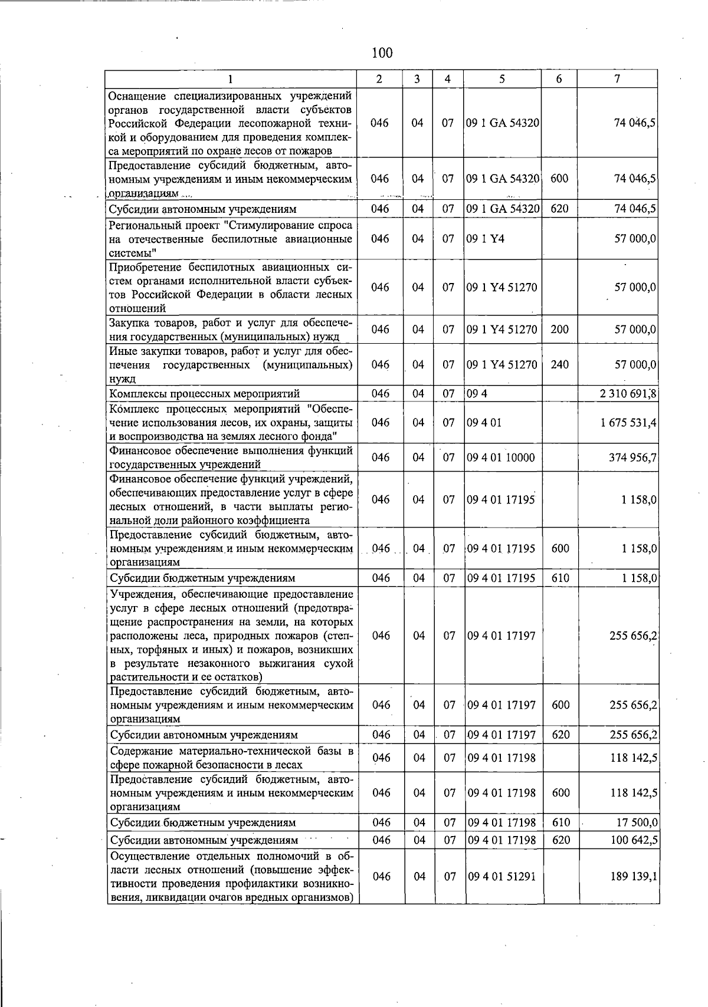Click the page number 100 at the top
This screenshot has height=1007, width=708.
coord(382,53)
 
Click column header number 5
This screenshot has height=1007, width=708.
coord(501,79)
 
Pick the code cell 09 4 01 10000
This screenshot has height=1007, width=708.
coord(501,458)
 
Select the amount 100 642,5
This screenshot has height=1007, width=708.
coord(634,840)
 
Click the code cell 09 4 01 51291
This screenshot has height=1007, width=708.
coord(501,877)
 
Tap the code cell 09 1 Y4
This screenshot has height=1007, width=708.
coord(486,239)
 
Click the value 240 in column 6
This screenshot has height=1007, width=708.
coord(559,365)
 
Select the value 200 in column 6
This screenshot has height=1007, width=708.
coord(559,330)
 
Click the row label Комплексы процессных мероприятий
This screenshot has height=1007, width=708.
coord(205,394)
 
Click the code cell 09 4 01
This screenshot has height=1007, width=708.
coord(484,423)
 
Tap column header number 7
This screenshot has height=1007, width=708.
coord(617,79)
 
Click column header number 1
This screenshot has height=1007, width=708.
coord(231,79)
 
